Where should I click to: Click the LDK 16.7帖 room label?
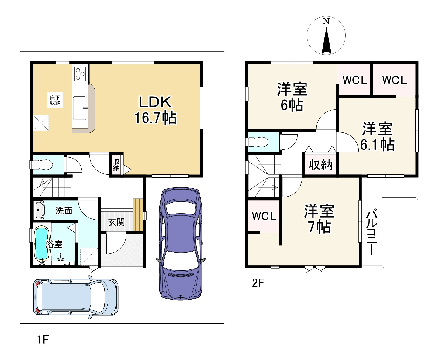[155, 110]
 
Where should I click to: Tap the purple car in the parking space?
[181, 243]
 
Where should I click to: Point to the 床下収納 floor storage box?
[55, 100]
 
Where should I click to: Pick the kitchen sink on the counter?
[80, 108]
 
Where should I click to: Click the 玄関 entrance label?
[116, 222]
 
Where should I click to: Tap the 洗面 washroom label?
[64, 211]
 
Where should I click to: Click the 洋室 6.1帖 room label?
[377, 137]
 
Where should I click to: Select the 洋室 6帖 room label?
[292, 97]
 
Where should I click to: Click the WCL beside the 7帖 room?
[264, 216]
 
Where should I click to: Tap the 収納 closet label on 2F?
[320, 165]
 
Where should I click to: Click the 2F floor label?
[258, 283]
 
